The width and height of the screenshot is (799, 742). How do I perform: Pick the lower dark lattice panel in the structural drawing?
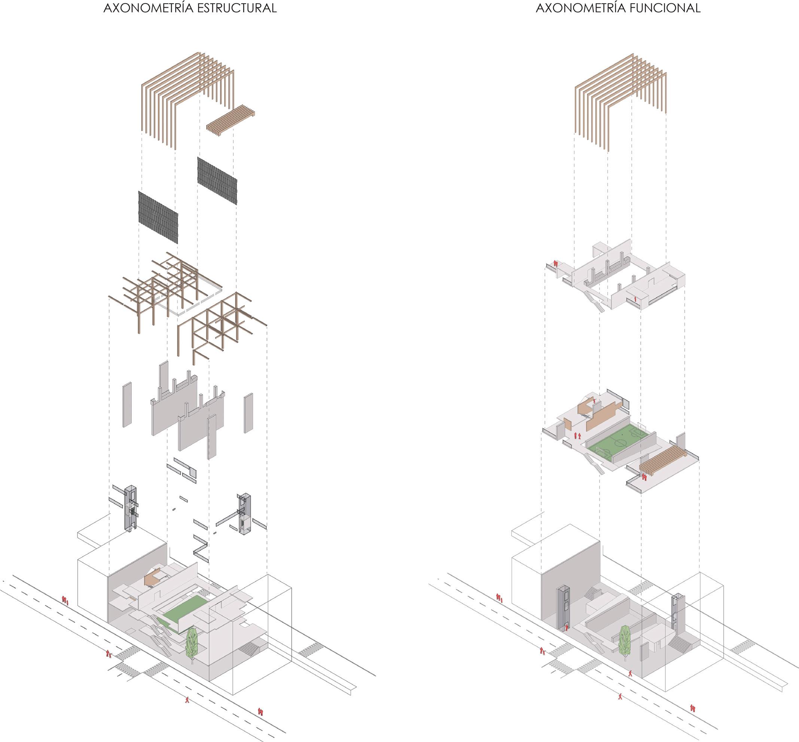coord(158,217)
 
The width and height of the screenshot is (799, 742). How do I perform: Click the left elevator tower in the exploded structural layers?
coord(131,508)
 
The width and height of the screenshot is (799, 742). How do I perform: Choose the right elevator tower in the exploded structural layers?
coord(244,514)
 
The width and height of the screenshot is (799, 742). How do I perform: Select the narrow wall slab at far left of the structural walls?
coord(127,404)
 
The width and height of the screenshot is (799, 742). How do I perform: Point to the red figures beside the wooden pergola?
coord(644,477)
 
